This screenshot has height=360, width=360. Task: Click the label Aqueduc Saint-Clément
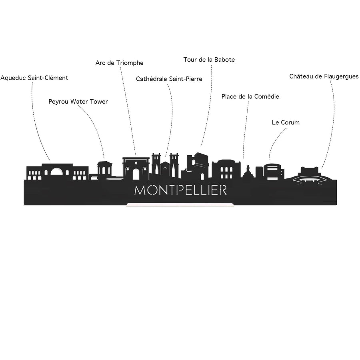coord(34,78)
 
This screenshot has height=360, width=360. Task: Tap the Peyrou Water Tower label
coord(78,102)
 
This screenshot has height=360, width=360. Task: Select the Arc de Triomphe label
coord(119,63)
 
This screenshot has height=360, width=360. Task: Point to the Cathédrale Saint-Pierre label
coord(169,79)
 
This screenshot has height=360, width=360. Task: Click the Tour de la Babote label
coord(209,60)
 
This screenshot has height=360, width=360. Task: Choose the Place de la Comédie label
coord(250,97)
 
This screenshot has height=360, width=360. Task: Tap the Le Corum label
coord(286,123)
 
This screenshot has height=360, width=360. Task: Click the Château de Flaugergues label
coord(324,76)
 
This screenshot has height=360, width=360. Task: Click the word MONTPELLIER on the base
coord(180,190)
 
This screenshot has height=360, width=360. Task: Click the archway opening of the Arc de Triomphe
coord(136,174)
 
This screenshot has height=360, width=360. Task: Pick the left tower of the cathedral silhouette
coord(156,165)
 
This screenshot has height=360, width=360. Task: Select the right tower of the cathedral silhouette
coord(174,165)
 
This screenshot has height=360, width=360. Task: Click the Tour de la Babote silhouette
coord(198,165)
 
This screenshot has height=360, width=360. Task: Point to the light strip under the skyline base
coord(180,205)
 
